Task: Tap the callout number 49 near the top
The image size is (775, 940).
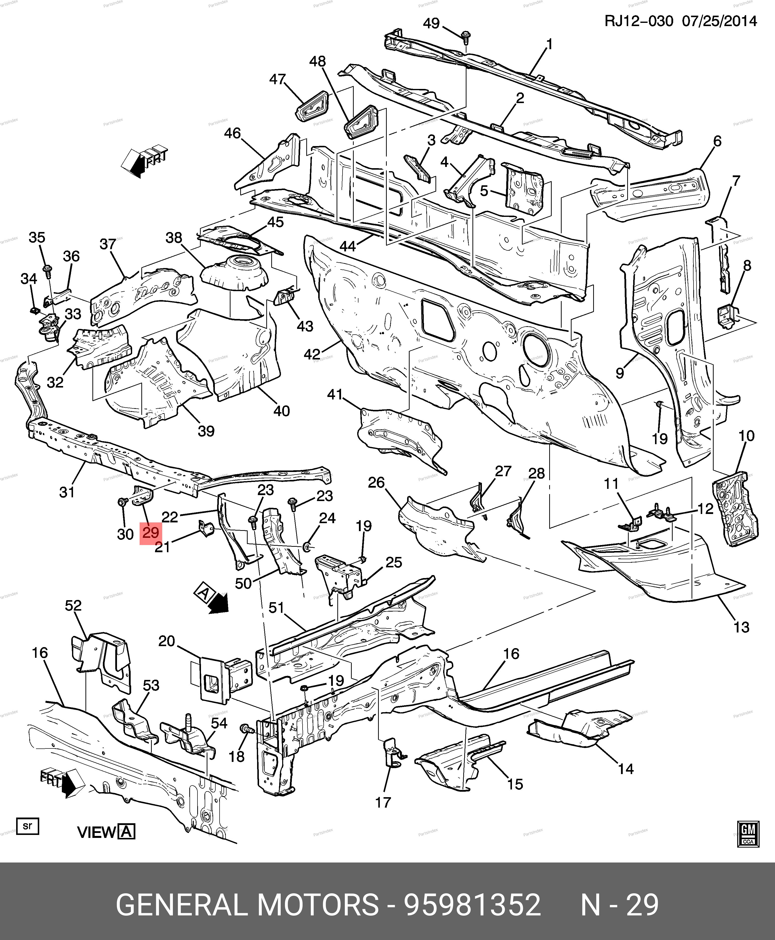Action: click(x=431, y=23)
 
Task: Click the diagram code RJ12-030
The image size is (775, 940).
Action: click(x=638, y=21)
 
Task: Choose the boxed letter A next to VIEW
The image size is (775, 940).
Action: click(x=127, y=832)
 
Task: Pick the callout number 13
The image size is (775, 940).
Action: click(x=741, y=627)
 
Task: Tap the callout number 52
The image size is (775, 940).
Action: click(x=73, y=606)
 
